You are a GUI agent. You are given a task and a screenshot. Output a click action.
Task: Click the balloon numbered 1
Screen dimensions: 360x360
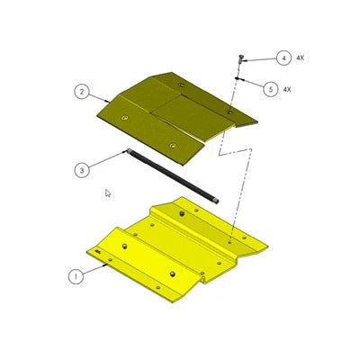coord(78,277)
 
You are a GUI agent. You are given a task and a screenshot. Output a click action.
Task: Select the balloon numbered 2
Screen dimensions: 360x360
coord(81,91)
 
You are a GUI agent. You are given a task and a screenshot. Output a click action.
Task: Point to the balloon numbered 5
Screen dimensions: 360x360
coord(270,88)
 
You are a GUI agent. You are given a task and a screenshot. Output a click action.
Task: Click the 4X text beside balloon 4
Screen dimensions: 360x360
coord(301,58)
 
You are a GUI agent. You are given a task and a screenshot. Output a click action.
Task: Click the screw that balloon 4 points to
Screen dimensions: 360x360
coord(242,58)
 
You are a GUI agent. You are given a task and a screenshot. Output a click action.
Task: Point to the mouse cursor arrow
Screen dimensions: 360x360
coord(107,192)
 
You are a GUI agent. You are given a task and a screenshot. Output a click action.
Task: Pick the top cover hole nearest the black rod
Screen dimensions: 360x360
coord(172,144)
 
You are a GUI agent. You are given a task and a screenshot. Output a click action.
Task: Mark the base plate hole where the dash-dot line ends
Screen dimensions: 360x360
coord(232,240)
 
